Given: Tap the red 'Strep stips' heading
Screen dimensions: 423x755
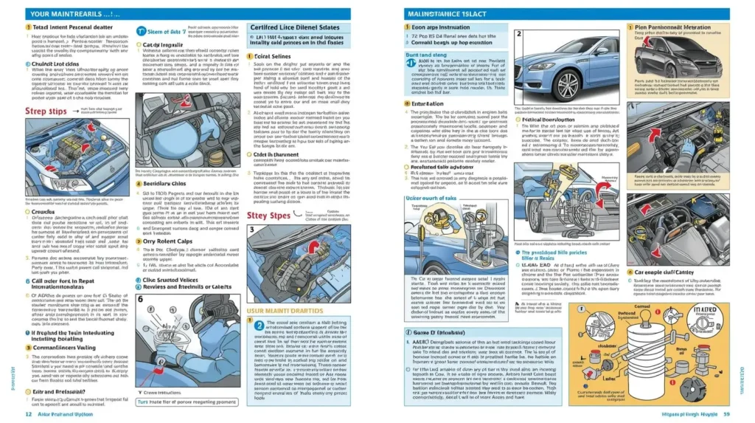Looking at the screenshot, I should pyautogui.click(x=35, y=111).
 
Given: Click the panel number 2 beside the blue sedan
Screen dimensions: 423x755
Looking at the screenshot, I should pyautogui.click(x=520, y=34).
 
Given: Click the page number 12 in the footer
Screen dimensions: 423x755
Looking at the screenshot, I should pyautogui.click(x=28, y=414).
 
